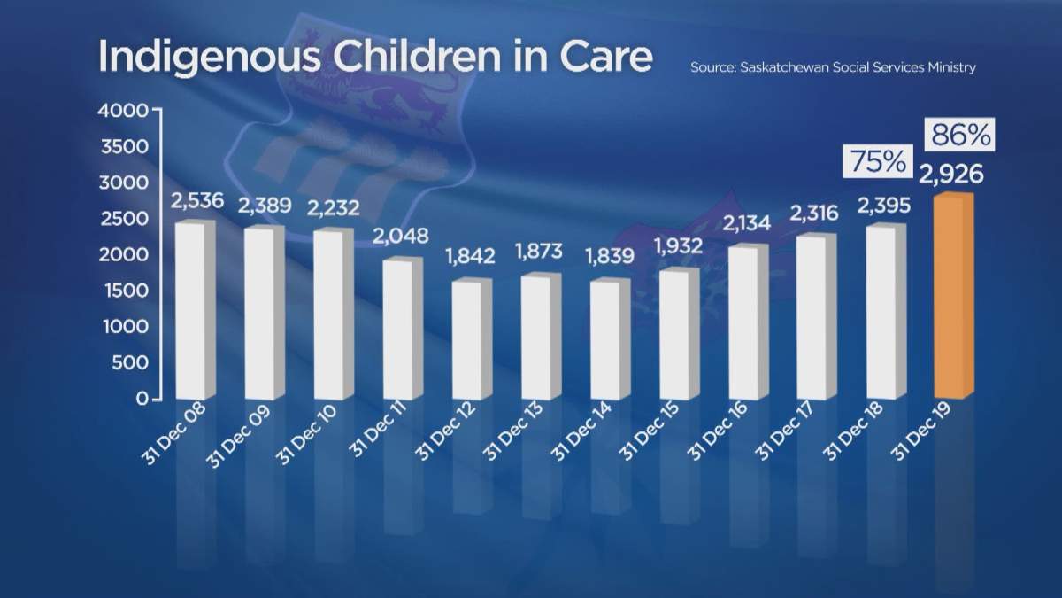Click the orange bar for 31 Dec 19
point(953,297)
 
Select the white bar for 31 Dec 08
point(195,310)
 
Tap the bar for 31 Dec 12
point(471,341)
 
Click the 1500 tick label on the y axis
point(126,291)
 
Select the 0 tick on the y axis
point(141,400)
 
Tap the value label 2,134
point(748,221)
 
